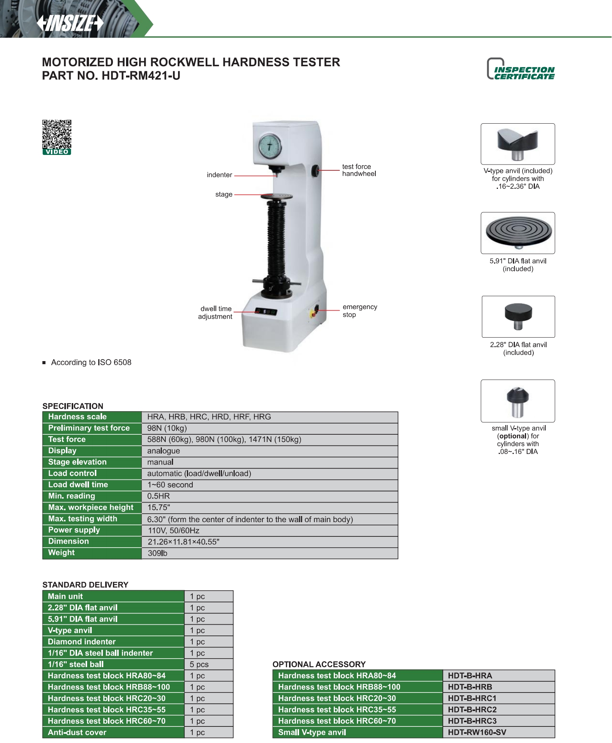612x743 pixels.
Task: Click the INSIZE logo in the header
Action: (71, 23)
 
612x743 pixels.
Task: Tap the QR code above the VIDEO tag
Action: (57, 134)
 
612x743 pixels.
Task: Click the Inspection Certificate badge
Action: (520, 69)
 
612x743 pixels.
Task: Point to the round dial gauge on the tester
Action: (270, 146)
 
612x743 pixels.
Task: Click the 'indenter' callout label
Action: (219, 175)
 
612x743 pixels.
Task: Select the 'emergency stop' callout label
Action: (360, 311)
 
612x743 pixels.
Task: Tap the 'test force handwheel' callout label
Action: (359, 170)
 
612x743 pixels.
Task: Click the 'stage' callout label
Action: (224, 195)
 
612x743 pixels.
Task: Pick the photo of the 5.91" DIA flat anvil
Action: (518, 233)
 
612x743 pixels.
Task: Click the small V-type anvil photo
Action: (518, 401)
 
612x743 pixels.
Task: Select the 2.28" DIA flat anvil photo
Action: (518, 317)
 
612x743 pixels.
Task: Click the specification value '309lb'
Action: (158, 553)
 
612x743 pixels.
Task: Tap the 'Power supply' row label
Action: (74, 530)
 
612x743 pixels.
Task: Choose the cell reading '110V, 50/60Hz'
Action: (173, 531)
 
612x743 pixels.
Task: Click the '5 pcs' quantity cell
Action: (199, 664)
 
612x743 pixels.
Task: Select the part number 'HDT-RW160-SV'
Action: (477, 732)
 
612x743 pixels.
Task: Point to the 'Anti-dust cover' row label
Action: (77, 732)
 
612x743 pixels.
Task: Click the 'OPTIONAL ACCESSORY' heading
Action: (319, 664)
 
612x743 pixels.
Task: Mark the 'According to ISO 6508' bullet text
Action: (91, 363)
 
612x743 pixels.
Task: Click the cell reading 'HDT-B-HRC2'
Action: (472, 709)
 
